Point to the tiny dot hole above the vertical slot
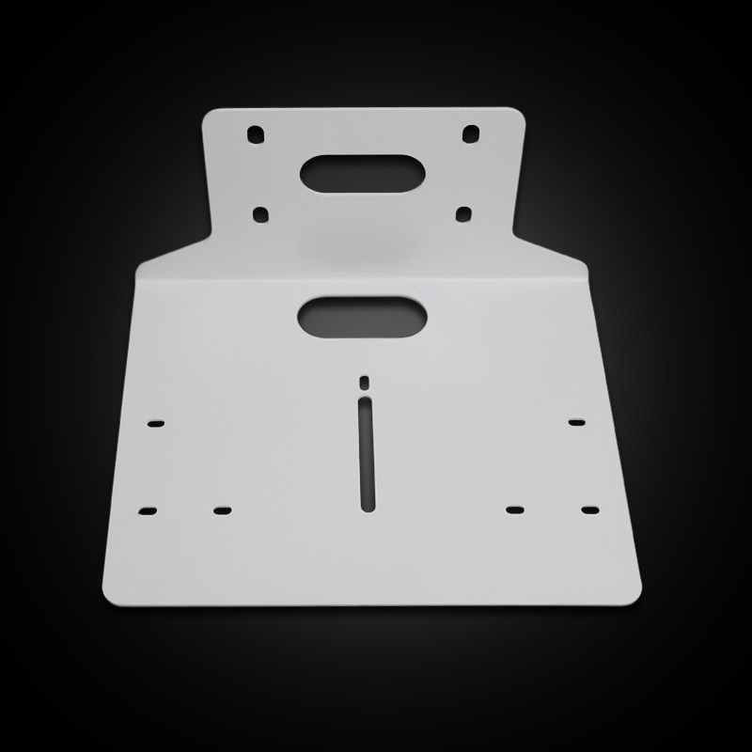coord(365,381)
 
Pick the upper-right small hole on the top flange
coord(470,133)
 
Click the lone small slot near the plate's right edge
coord(577,422)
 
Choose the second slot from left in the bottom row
coord(222,510)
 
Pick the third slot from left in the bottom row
coord(514,509)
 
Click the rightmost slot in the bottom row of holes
coord(589,509)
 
